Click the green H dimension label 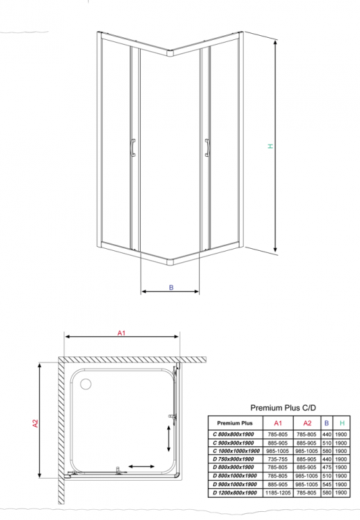tap(271, 146)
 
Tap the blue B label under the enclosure tap(171, 287)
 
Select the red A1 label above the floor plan tap(121, 333)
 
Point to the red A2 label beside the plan tap(35, 423)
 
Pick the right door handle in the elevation tap(207, 147)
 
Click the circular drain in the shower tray tap(86, 384)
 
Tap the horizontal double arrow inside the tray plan tap(141, 467)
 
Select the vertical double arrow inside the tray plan tap(168, 438)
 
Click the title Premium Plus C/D tap(283, 408)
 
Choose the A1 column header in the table tap(277, 423)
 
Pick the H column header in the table tap(342, 423)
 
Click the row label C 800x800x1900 tap(233, 434)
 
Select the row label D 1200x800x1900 tap(235, 493)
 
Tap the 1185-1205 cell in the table tap(277, 493)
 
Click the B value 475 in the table tap(327, 467)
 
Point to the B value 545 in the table tap(327, 484)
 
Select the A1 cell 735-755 tap(277, 459)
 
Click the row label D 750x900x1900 tap(233, 459)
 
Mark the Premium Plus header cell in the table tap(235, 423)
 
